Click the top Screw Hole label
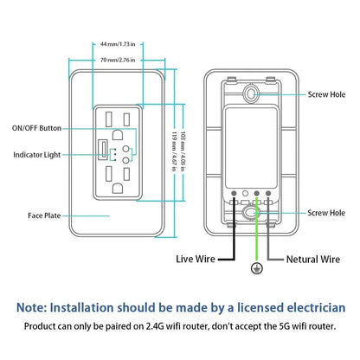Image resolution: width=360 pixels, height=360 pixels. (x=325, y=94)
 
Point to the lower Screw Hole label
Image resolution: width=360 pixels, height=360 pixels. (x=325, y=212)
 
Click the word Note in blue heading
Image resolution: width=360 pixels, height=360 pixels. (x=34, y=307)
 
